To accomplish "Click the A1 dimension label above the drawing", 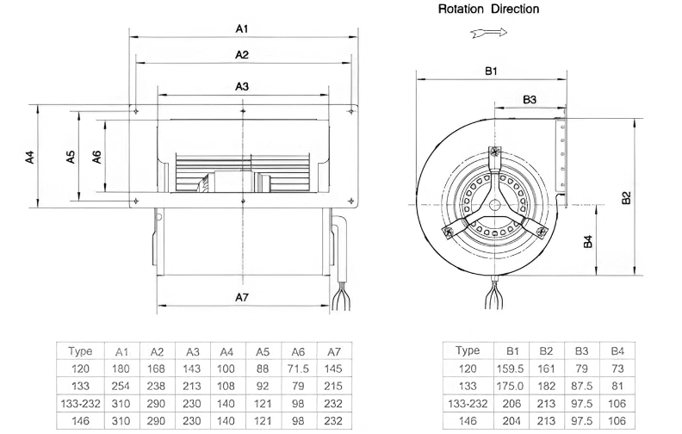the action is pyautogui.click(x=242, y=28).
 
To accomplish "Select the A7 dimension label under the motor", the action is pyautogui.click(x=242, y=297).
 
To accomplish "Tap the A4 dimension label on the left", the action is pyautogui.click(x=29, y=157).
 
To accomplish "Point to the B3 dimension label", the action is pyautogui.click(x=530, y=100).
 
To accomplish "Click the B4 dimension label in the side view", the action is pyautogui.click(x=587, y=241).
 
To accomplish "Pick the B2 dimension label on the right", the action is pyautogui.click(x=626, y=198).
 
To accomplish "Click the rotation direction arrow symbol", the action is pyautogui.click(x=489, y=33).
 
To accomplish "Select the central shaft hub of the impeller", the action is pyautogui.click(x=495, y=205).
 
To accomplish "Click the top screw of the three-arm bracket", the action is pyautogui.click(x=495, y=151).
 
